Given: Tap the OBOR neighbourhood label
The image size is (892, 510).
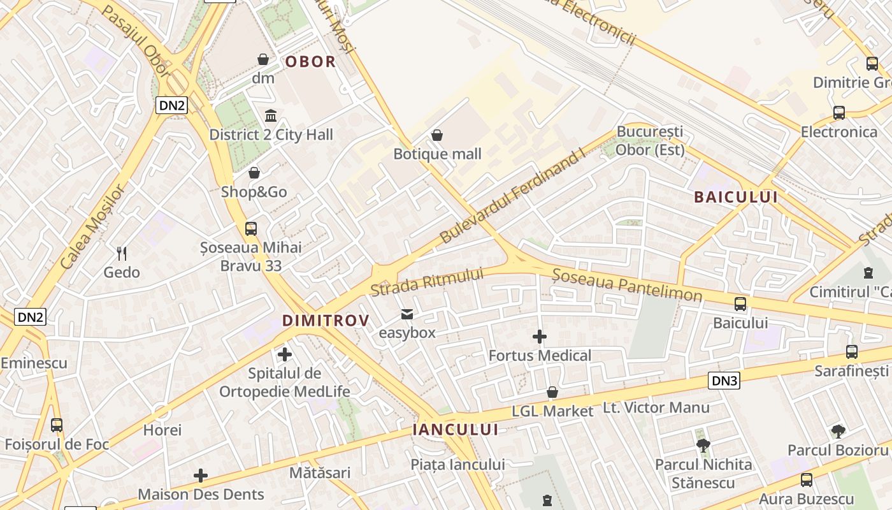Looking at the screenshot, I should click(x=310, y=62).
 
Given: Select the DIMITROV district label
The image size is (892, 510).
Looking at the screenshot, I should click(x=326, y=320).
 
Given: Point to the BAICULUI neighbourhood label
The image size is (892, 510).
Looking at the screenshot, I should click(x=736, y=197).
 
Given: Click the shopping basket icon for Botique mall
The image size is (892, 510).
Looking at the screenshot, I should click(x=437, y=135).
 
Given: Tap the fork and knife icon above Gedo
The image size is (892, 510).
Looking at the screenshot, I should click(x=122, y=253).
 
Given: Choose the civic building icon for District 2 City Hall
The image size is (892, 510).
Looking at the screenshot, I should click(x=271, y=116).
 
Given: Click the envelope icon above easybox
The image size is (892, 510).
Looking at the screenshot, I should click(x=406, y=314).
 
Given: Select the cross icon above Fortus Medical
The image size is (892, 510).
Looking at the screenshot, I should click(x=540, y=337).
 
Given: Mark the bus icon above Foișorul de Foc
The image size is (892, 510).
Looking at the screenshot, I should click(x=57, y=425).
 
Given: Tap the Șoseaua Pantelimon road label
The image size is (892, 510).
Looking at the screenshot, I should click(x=627, y=285).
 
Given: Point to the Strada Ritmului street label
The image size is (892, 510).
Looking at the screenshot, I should click(x=427, y=282).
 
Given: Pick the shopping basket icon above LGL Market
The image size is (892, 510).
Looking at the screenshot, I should click(x=552, y=392).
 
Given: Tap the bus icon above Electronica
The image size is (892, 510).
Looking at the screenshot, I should click(x=839, y=113).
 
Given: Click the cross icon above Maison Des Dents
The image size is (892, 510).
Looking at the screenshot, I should click(x=201, y=476).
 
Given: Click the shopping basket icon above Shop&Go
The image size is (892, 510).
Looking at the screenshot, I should click(x=254, y=173).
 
